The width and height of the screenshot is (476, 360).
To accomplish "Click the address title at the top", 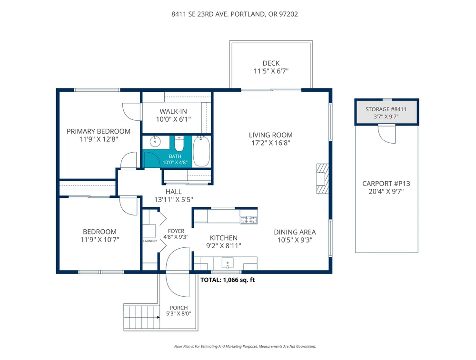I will click(x=235, y=14).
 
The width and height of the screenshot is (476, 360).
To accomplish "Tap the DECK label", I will click(x=271, y=63).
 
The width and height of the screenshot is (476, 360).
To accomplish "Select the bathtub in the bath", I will click(x=201, y=151).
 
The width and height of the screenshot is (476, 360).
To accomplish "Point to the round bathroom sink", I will click(x=155, y=142).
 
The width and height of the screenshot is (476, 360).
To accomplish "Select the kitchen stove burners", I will click(x=248, y=220).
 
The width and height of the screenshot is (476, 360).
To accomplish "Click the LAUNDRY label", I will click(x=149, y=241).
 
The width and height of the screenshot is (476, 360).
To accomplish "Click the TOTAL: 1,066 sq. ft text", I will click(x=228, y=280).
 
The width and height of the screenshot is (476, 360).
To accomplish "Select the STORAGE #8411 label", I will click(x=386, y=109).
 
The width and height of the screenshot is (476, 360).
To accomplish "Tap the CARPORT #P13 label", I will click(x=386, y=184).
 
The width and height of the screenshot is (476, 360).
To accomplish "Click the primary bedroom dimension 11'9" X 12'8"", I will click(x=98, y=139).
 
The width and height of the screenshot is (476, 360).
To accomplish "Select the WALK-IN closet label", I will click(x=173, y=111).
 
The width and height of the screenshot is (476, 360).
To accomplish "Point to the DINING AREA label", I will click(x=295, y=232).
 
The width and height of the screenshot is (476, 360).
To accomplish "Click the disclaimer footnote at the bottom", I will click(x=245, y=347).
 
